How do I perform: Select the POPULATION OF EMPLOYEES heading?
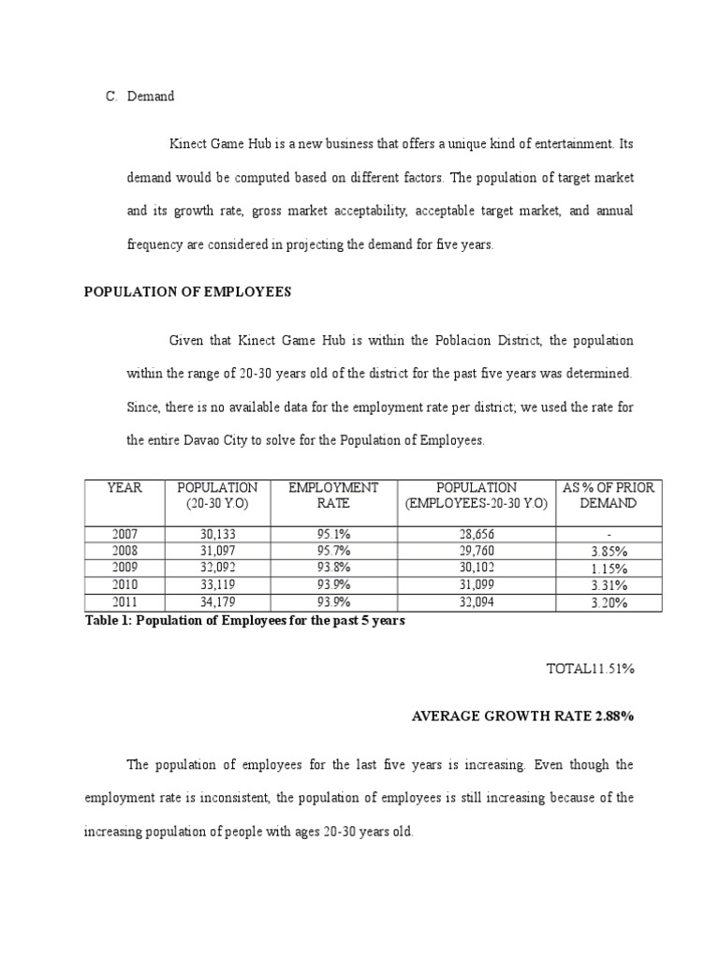coord(187,292)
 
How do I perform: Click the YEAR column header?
coord(125,488)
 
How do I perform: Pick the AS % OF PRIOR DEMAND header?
coord(608,495)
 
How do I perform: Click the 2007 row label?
coord(125,534)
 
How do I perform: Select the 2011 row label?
coord(125,601)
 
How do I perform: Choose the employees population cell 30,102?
coord(477,568)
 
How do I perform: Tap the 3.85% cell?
coord(609,552)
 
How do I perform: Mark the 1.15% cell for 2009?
coord(609,568)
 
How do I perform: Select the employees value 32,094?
coord(477,601)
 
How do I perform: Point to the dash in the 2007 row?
coord(609,535)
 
